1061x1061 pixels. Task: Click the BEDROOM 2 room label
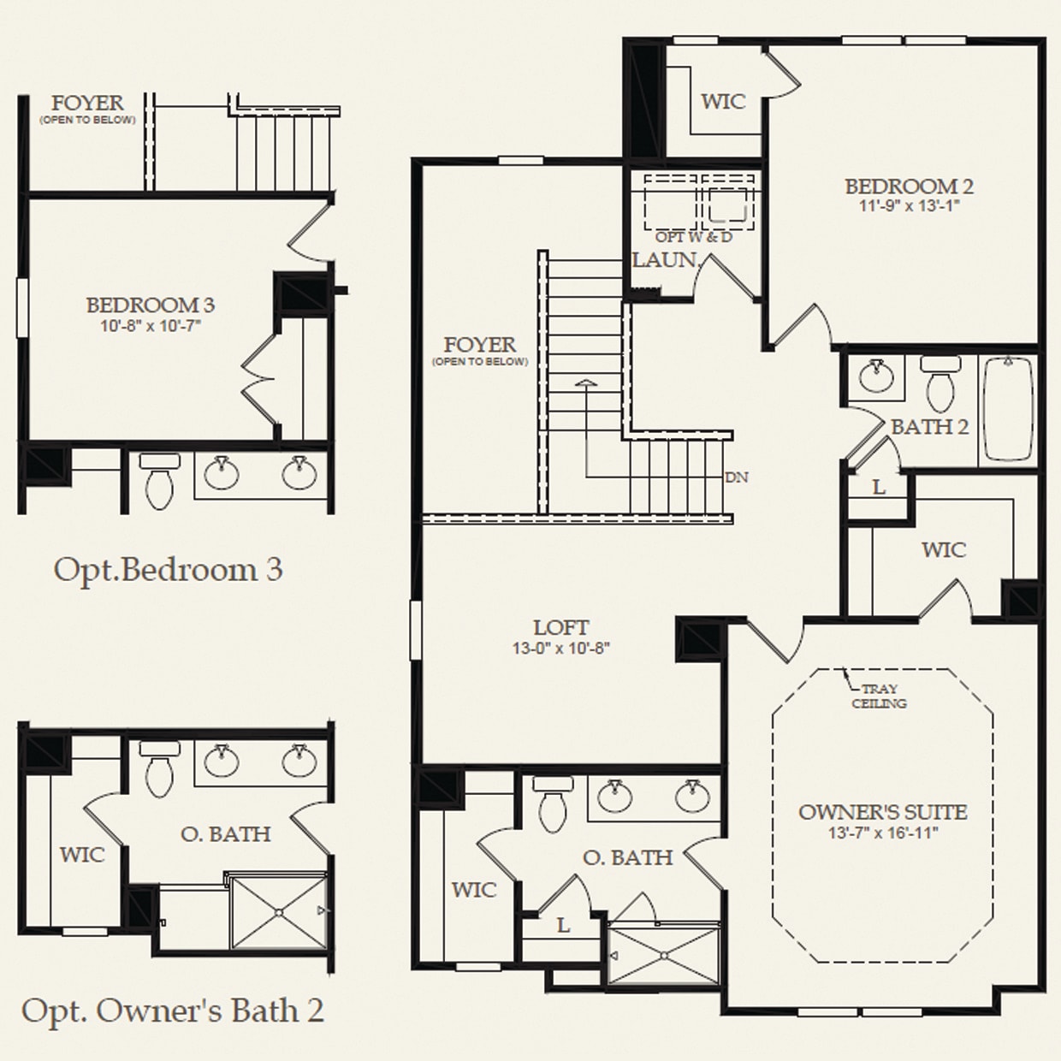point(909,186)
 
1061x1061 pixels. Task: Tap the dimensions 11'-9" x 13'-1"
point(909,206)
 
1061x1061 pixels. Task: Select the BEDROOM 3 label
point(150,305)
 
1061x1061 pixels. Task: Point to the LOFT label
point(560,627)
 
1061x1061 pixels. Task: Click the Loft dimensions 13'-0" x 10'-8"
point(560,649)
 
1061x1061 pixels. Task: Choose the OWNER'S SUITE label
point(882,812)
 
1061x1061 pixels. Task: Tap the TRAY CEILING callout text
point(879,696)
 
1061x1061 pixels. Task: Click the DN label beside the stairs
point(736,477)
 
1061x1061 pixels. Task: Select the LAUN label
point(664,259)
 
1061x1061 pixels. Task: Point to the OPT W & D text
point(693,237)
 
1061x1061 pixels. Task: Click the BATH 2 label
point(930,426)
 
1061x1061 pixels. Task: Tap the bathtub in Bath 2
point(1010,409)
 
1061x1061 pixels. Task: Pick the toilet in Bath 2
point(939,384)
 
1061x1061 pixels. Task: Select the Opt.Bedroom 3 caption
point(168,570)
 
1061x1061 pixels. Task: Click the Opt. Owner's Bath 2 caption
point(172,1011)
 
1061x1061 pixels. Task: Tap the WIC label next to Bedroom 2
point(723,102)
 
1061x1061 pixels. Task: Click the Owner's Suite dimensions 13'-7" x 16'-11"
point(882,833)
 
